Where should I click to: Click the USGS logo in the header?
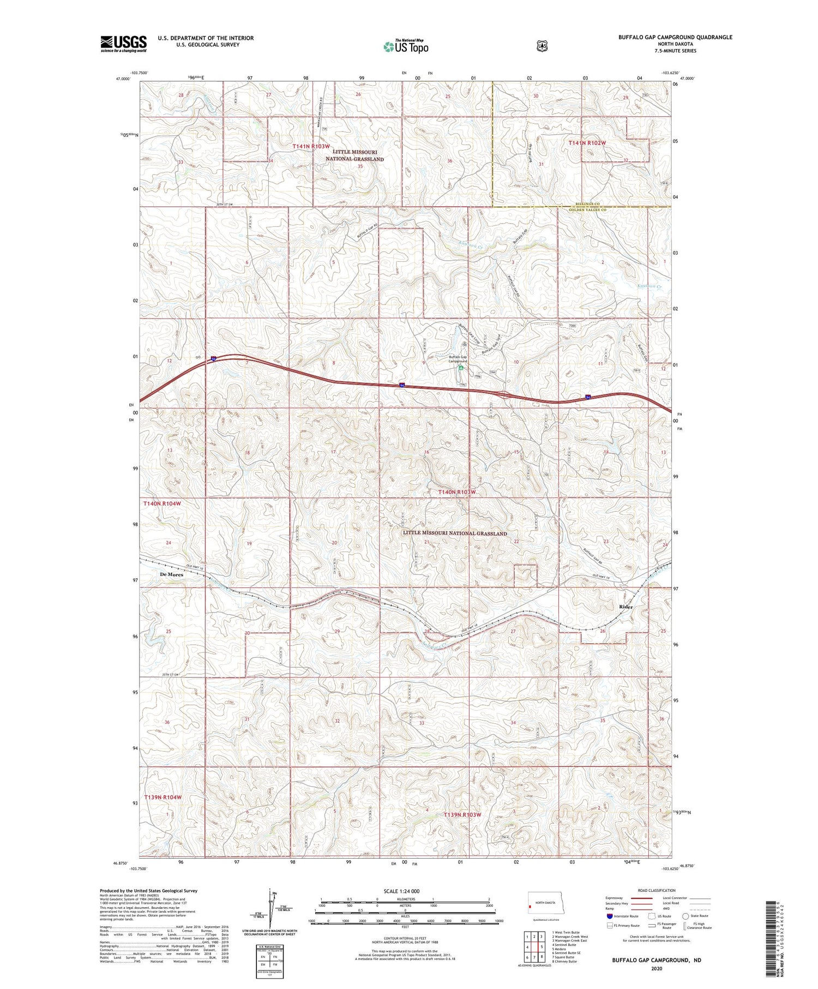pyautogui.click(x=123, y=44)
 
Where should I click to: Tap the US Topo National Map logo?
pyautogui.click(x=406, y=46)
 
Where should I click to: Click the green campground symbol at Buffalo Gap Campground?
pyautogui.click(x=461, y=368)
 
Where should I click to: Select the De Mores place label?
pyautogui.click(x=171, y=574)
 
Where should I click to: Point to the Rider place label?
pyautogui.click(x=625, y=607)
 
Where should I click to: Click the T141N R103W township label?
pyautogui.click(x=311, y=146)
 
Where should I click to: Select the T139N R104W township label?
pyautogui.click(x=163, y=797)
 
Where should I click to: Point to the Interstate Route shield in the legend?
pyautogui.click(x=610, y=916)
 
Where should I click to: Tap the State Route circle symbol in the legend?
pyautogui.click(x=685, y=916)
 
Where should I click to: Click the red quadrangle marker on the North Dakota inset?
pyautogui.click(x=530, y=907)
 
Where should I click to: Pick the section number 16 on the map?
pyautogui.click(x=427, y=452)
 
